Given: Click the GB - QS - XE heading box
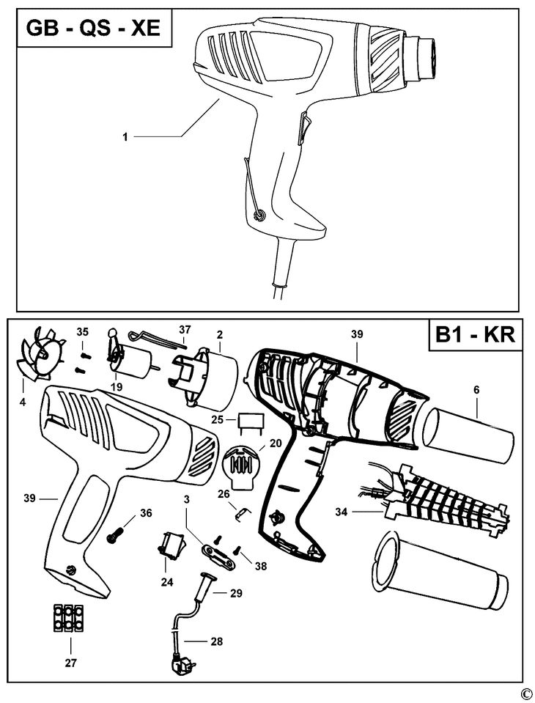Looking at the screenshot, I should (92, 30).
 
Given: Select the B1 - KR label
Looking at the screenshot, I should (476, 336).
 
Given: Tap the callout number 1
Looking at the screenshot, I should (125, 136).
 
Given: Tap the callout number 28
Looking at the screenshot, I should (217, 641).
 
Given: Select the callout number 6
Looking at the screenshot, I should (476, 391).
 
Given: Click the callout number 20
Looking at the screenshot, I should (276, 443).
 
